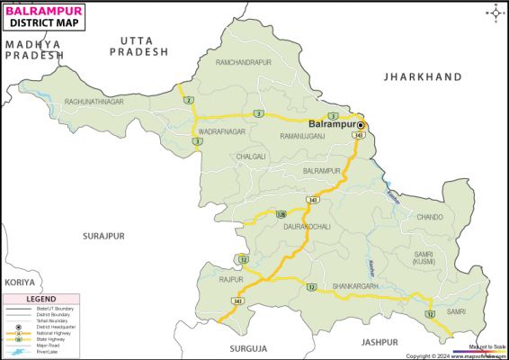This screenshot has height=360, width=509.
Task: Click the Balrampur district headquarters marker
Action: pyautogui.click(x=361, y=124)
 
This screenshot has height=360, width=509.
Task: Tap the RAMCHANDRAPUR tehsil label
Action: pyautogui.click(x=243, y=62)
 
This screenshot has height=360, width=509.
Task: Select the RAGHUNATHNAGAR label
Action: pyautogui.click(x=94, y=102)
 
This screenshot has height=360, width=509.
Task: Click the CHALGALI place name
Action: pyautogui.click(x=251, y=156)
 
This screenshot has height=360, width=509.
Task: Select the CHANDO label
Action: pyautogui.click(x=429, y=217)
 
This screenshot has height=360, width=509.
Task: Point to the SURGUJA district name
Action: pyautogui.click(x=249, y=346)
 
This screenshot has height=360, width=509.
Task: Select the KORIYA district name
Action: pyautogui.click(x=19, y=282)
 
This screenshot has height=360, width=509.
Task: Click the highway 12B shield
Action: pyautogui.click(x=281, y=214)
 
